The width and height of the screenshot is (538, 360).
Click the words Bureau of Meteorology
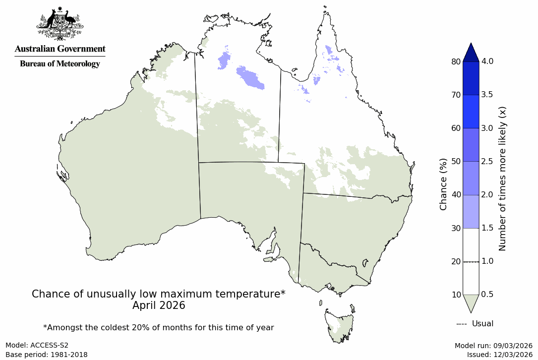click(60, 64)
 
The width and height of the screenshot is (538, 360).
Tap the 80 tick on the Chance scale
click(456, 61)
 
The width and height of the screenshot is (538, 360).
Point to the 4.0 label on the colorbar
click(487, 61)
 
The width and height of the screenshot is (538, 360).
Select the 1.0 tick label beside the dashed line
click(487, 261)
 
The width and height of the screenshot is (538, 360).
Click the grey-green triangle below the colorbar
click(471, 303)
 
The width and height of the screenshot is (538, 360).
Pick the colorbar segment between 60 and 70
click(471, 112)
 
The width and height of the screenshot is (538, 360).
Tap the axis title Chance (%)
click(443, 184)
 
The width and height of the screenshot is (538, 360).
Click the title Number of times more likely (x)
click(502, 179)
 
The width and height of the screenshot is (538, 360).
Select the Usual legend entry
click(475, 324)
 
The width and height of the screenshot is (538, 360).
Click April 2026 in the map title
click(159, 305)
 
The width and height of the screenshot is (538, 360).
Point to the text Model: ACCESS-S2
click(37, 345)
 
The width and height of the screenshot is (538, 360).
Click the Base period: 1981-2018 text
click(47, 355)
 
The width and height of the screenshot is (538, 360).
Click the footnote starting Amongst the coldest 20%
click(159, 327)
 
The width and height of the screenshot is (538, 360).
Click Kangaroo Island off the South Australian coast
click(269, 259)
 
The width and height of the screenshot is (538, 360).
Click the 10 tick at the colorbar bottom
click(456, 295)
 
